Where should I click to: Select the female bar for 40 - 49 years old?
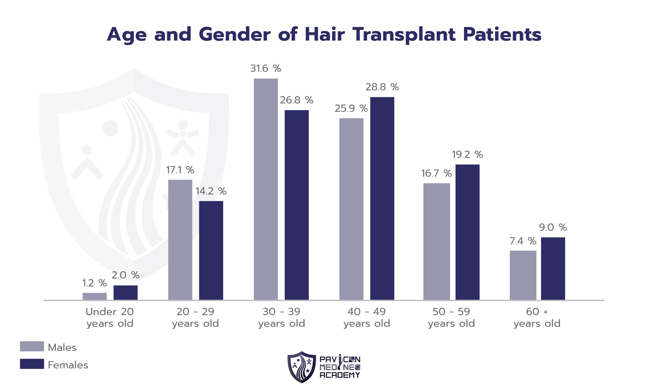382,198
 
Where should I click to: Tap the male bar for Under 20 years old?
95,296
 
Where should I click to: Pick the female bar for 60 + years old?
553,268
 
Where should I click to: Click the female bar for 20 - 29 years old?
211,250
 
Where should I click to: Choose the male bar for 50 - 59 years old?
436,242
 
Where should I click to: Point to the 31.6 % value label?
265,68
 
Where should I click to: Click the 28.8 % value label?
382,87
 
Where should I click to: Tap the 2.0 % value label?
125,275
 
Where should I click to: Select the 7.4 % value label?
523,241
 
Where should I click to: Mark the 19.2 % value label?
467,155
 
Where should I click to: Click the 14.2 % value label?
211,191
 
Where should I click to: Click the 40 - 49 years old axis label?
366,317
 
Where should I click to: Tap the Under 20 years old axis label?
110,317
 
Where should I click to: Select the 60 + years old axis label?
537,317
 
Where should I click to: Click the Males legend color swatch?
32,346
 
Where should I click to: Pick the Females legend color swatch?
32,364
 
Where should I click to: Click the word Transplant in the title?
404,35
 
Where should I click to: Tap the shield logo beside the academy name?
301,367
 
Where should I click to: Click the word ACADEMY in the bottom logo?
340,375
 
